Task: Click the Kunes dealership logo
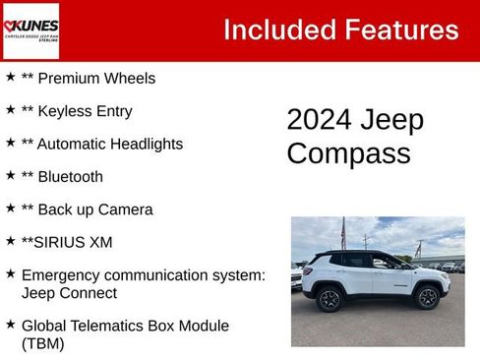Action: tap(31, 30)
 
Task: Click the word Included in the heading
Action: tap(277, 30)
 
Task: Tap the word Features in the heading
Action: tap(401, 30)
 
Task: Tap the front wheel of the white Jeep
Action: tap(427, 297)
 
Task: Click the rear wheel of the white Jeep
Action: tap(330, 299)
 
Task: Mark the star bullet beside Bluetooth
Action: tap(10, 175)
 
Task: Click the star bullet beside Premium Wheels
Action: tap(10, 76)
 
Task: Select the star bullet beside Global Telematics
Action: tap(10, 324)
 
